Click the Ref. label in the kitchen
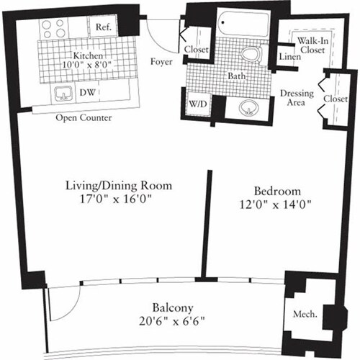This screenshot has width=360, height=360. pos(101,27)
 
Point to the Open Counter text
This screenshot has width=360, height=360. pos(84,117)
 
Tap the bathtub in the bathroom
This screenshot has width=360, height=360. pos(238,23)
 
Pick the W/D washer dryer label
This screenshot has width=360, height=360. pos(199,104)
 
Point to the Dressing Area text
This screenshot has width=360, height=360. pos(294,96)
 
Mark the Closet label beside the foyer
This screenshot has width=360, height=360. pos(197,49)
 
